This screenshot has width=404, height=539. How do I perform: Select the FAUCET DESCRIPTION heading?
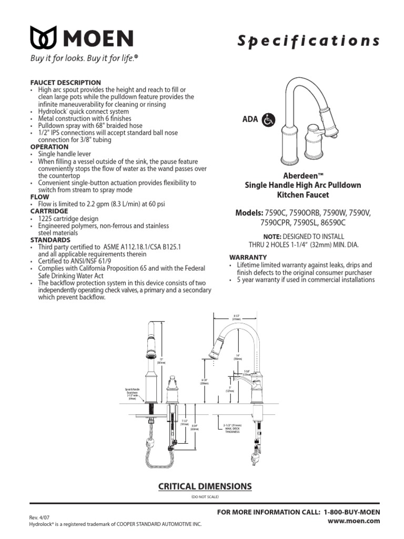click(66, 83)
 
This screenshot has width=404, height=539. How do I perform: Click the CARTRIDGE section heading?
click(52, 211)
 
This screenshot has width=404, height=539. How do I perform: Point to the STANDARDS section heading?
click(52, 239)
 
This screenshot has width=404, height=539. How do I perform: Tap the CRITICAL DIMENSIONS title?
click(205, 486)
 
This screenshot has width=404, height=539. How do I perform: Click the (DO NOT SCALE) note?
click(205, 497)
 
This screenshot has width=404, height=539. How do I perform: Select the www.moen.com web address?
click(360, 521)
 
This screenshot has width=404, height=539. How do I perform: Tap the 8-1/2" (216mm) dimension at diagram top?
click(236, 317)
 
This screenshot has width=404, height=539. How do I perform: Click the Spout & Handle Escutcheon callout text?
click(132, 394)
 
